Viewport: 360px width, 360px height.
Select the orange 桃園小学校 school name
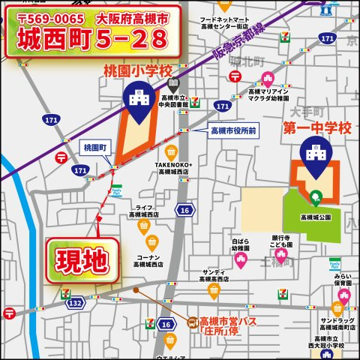click(137, 70)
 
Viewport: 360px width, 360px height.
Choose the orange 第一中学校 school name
click(316, 129)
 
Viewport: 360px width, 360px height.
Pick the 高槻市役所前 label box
click(234, 131)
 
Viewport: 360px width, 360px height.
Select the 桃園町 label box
click(95, 148)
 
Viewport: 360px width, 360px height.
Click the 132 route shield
click(76, 303)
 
